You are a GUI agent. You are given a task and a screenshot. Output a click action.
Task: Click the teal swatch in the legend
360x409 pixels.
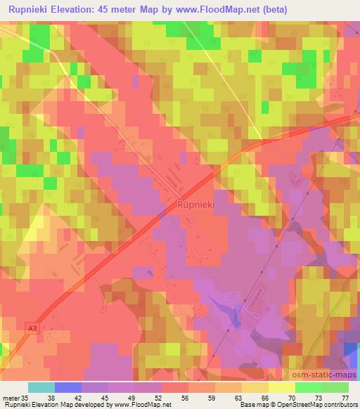tap(41, 387)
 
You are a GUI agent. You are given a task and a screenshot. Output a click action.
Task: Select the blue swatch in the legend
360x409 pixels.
tap(67, 387)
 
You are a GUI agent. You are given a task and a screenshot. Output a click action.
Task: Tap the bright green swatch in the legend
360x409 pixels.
tap(309, 387)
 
